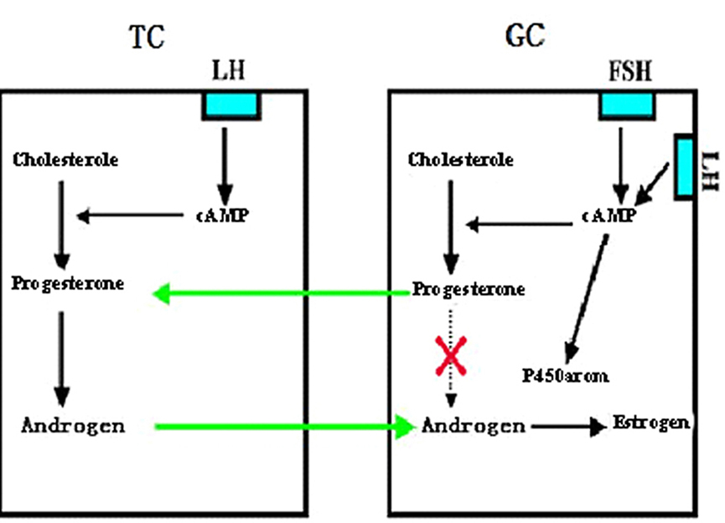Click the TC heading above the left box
147,37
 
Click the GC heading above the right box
526,35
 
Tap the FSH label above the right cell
629,72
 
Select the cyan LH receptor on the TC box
231,106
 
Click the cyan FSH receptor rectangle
627,106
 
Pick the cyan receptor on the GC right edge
684,167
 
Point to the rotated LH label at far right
710,171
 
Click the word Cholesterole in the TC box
65,160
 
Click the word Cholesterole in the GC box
460,160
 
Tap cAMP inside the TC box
223,215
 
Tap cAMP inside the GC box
609,215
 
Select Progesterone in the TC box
68,283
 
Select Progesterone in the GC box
469,289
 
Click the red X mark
451,355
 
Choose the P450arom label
565,375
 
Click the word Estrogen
651,422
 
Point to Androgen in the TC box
73,426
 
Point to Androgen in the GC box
474,426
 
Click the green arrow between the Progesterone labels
281,293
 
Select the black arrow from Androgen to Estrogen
569,427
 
